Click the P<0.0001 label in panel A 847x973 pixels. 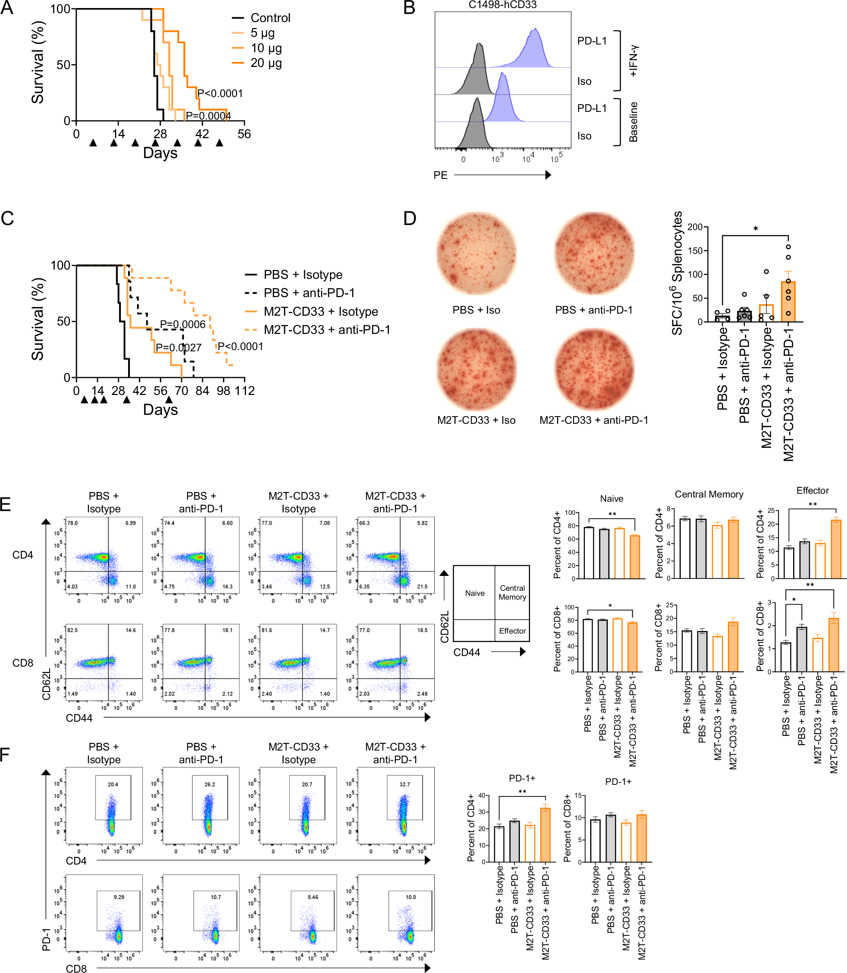click(x=220, y=93)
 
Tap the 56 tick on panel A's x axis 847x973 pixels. click(x=244, y=134)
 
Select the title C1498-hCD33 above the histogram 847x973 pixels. click(x=503, y=5)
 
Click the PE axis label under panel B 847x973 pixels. click(x=440, y=175)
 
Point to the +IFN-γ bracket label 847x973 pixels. click(x=633, y=61)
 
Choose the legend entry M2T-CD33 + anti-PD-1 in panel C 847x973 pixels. click(x=327, y=330)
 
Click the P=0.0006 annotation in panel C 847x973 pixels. click(x=182, y=324)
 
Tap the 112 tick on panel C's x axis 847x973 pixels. click(x=244, y=391)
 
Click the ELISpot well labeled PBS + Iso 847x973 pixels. click(x=476, y=254)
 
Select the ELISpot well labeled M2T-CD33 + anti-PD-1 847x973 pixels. click(x=594, y=370)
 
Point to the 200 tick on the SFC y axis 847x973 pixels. click(x=695, y=227)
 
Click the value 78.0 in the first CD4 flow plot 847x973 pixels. click(x=73, y=523)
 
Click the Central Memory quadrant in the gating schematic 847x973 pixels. click(x=512, y=592)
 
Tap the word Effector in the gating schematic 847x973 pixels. click(x=512, y=631)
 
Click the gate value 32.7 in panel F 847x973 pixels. click(x=405, y=784)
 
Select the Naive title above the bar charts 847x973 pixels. click(x=611, y=499)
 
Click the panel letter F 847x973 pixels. click(x=5, y=754)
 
